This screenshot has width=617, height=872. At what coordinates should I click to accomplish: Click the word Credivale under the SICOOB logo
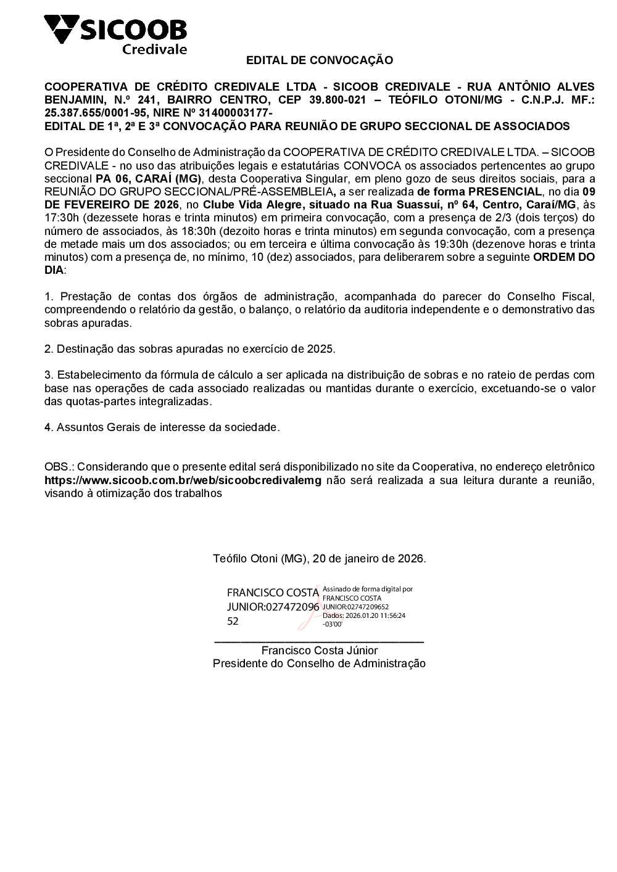[x=154, y=49]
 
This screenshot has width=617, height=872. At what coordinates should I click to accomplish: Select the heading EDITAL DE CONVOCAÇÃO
[x=319, y=60]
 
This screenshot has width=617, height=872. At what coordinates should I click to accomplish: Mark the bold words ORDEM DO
[x=563, y=257]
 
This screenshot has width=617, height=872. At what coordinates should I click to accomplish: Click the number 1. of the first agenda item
[x=49, y=297]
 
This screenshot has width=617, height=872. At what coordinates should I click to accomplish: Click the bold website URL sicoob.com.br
[x=183, y=480]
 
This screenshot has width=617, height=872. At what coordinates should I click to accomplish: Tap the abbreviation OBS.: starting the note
[x=59, y=467]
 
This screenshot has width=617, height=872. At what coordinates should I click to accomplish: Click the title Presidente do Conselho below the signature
[x=319, y=664]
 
